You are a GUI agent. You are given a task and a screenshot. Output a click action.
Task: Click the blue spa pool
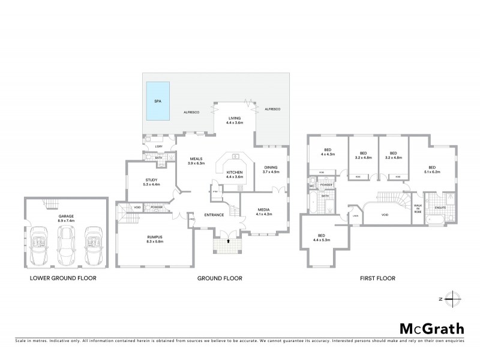click(x=157, y=100)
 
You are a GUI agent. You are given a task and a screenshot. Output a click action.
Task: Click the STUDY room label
click(x=152, y=181)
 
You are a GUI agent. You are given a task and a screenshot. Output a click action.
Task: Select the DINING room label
click(x=271, y=169)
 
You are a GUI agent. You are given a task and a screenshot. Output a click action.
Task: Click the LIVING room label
click(x=234, y=119)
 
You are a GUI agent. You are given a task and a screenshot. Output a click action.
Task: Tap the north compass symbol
click(x=454, y=298)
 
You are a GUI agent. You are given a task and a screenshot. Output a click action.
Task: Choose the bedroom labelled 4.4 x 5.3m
click(x=321, y=238)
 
